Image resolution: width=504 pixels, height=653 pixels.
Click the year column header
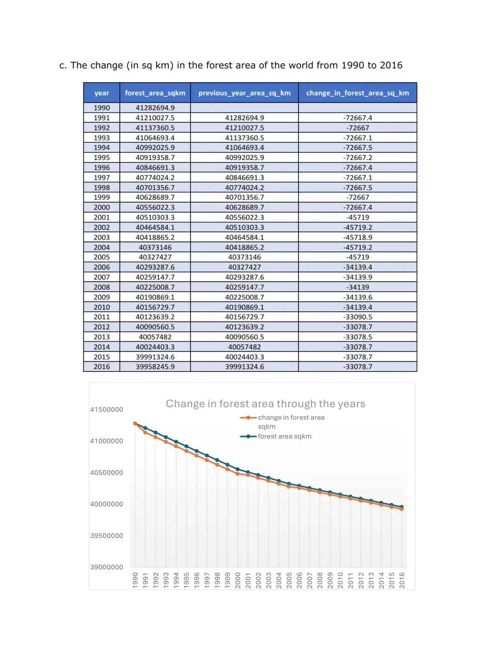click(x=101, y=93)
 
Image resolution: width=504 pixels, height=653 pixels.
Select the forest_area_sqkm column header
click(x=155, y=93)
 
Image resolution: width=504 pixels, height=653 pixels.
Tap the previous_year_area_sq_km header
click(x=244, y=93)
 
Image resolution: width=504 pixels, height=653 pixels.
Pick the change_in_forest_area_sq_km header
click(x=357, y=93)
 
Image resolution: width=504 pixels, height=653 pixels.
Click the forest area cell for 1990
click(x=155, y=107)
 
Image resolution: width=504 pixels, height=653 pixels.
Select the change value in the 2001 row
click(x=357, y=217)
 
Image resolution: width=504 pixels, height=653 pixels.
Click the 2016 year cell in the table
click(x=101, y=367)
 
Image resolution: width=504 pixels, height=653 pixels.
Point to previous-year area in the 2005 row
click(x=244, y=257)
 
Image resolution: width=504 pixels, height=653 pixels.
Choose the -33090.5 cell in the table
click(x=357, y=317)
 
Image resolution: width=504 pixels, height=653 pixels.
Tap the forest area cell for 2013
click(x=155, y=337)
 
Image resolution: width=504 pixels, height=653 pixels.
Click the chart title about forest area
click(x=265, y=404)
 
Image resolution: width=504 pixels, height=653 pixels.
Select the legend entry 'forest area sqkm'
click(x=284, y=437)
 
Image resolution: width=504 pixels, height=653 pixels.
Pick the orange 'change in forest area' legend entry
click(x=291, y=418)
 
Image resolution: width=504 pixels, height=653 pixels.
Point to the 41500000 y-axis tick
click(x=106, y=410)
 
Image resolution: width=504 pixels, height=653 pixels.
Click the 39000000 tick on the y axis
click(x=106, y=567)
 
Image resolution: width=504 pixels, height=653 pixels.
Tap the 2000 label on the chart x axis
click(x=238, y=580)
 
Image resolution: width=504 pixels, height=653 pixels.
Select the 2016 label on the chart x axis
click(x=402, y=580)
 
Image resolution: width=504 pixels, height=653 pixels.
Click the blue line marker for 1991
click(x=145, y=428)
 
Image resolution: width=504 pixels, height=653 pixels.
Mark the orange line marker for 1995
click(x=186, y=451)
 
